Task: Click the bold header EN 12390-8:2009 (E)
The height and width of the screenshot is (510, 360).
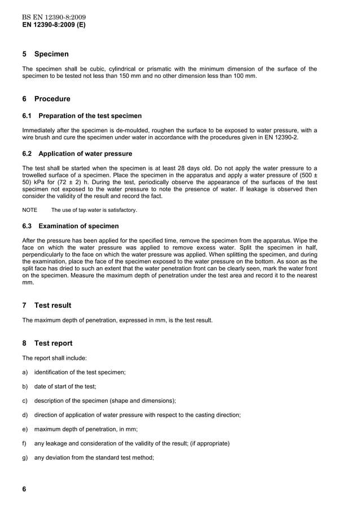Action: [54, 25]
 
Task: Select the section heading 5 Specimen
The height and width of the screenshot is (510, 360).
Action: [45, 54]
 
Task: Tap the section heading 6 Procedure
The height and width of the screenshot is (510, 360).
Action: [46, 99]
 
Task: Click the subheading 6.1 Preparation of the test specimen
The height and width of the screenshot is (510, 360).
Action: [82, 116]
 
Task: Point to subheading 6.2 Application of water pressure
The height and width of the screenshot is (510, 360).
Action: [77, 154]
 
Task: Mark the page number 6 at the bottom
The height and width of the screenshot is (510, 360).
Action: [24, 490]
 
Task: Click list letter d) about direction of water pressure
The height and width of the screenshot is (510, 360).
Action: [25, 415]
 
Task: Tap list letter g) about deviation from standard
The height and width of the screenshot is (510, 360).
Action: [25, 458]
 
